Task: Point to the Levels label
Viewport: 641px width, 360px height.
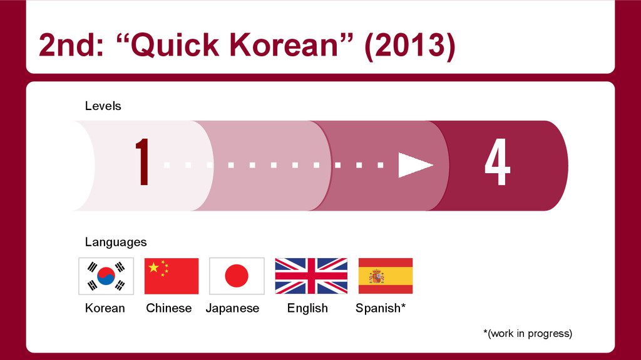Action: pyautogui.click(x=103, y=106)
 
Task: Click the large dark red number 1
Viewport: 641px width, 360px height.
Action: pyautogui.click(x=143, y=162)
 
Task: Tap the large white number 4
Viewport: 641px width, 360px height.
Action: pyautogui.click(x=498, y=164)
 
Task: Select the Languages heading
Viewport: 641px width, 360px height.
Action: pyautogui.click(x=116, y=242)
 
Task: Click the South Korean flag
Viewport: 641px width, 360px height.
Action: pyautogui.click(x=106, y=276)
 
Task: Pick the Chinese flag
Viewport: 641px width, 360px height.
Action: pyautogui.click(x=172, y=276)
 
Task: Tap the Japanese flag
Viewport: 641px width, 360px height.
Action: pyautogui.click(x=237, y=276)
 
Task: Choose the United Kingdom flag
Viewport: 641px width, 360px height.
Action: pyautogui.click(x=311, y=276)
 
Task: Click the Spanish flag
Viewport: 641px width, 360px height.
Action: pyautogui.click(x=385, y=276)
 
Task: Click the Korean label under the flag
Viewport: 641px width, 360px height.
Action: pyautogui.click(x=105, y=308)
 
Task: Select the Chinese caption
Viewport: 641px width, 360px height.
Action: pyautogui.click(x=169, y=308)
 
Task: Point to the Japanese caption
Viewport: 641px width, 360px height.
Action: pyautogui.click(x=232, y=308)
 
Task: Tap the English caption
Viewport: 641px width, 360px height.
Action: pyautogui.click(x=307, y=308)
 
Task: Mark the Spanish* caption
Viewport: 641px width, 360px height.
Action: pyautogui.click(x=381, y=308)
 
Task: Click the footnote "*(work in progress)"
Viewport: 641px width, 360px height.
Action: pyautogui.click(x=527, y=334)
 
